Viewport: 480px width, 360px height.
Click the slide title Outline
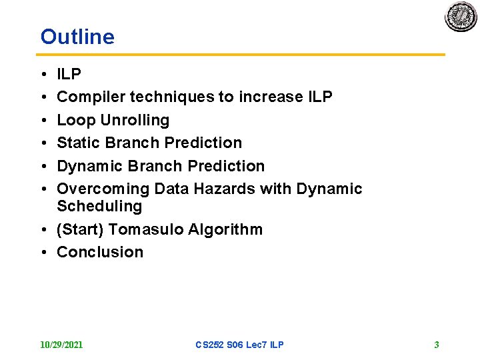coord(77,37)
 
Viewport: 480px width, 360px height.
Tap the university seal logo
coord(461,17)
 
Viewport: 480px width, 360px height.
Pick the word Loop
coord(76,121)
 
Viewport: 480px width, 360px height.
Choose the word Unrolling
coord(135,121)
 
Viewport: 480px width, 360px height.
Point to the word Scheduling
coord(99,207)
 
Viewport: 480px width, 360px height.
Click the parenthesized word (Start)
coord(80,229)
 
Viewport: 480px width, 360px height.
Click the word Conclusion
coord(100,252)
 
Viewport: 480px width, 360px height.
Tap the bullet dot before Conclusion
coord(43,253)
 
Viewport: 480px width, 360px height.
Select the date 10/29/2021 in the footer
coord(61,345)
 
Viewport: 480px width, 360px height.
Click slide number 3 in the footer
coord(437,345)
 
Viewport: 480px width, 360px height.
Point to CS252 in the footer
coord(209,345)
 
